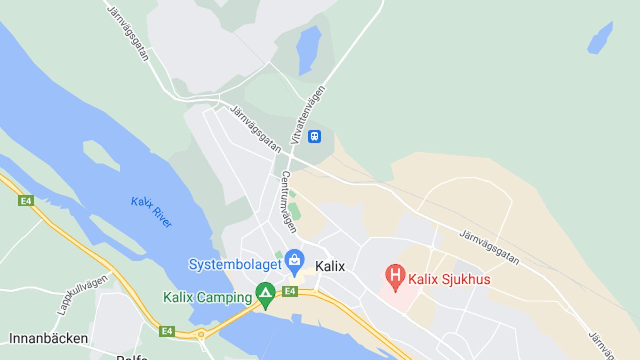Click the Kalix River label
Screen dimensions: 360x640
(151, 212)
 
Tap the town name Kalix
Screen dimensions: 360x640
(330, 266)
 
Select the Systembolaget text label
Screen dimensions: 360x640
(235, 264)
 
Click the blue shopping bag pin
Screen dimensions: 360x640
(293, 260)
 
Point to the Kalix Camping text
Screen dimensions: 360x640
(207, 297)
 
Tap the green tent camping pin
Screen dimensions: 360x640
(265, 294)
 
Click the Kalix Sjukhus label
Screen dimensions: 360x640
(449, 279)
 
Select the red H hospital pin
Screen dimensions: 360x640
(395, 277)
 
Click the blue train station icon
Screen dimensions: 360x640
(315, 137)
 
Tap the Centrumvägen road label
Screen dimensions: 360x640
(289, 202)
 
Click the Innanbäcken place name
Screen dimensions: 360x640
(48, 338)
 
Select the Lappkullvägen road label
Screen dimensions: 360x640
(82, 295)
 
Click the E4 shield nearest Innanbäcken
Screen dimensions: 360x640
(167, 331)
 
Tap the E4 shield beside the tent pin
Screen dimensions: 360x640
(290, 291)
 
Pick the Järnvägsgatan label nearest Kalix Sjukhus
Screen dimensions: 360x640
(489, 247)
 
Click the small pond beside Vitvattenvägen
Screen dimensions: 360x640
(309, 49)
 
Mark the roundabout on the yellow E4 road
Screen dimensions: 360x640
(201, 335)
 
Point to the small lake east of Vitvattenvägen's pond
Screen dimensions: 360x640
(601, 38)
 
